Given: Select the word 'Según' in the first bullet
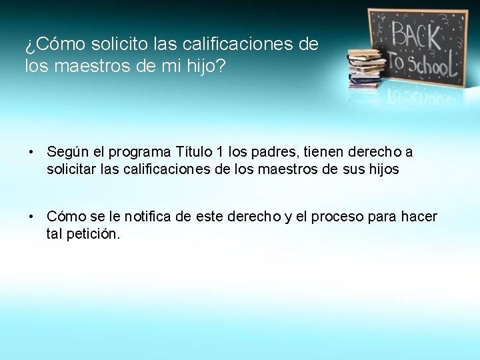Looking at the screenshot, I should pyautogui.click(x=65, y=153).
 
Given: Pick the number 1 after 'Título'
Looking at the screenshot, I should pyautogui.click(x=220, y=153).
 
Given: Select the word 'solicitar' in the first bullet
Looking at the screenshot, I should pyautogui.click(x=71, y=169).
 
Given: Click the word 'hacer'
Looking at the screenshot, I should pyautogui.click(x=419, y=217).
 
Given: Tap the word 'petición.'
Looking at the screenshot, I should pyautogui.click(x=93, y=234).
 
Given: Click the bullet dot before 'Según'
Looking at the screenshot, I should pyautogui.click(x=31, y=153).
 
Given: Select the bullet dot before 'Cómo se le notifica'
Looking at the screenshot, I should pyautogui.click(x=31, y=217).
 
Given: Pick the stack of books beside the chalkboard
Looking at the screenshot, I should pyautogui.click(x=366, y=69).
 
